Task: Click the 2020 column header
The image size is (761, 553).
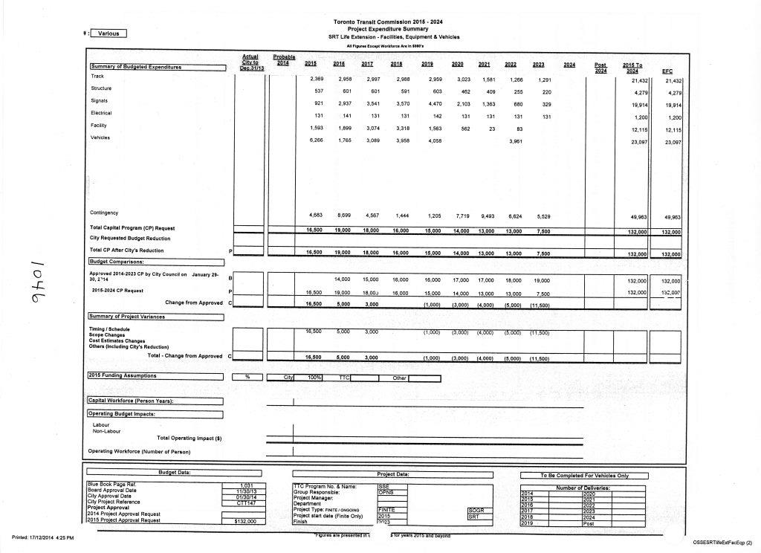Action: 458,65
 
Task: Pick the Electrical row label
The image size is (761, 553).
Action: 101,113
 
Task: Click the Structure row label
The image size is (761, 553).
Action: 101,88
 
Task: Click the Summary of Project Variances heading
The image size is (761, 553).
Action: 127,317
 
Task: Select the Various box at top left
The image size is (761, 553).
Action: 109,33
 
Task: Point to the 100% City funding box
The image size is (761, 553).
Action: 314,378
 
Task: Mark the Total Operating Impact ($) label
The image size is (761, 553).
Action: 190,439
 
